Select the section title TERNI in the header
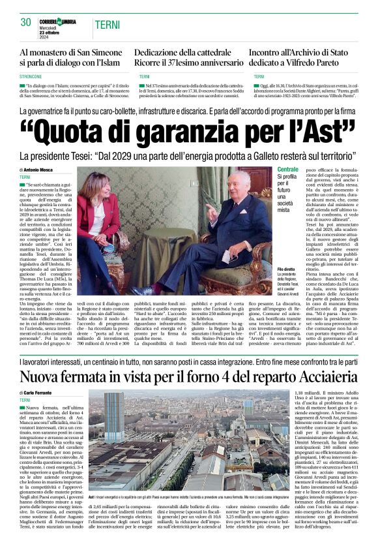(x=107, y=25)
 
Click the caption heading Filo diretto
(x=286, y=269)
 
